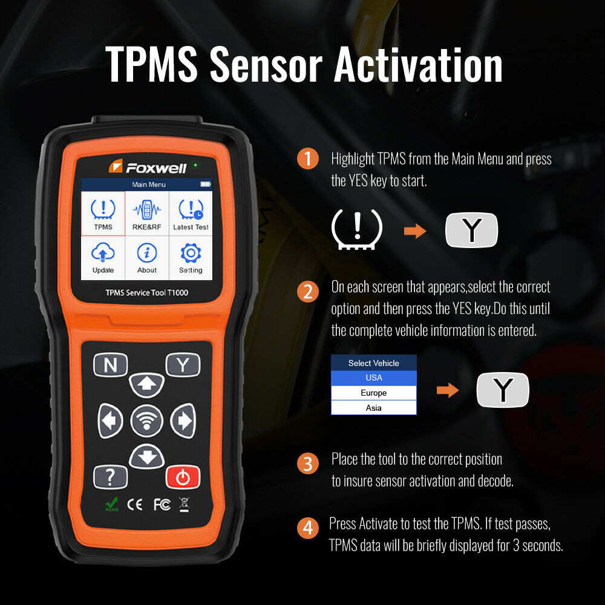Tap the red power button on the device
(x=183, y=477)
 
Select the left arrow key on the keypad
(x=110, y=420)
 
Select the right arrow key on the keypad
(x=183, y=420)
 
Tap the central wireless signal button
(x=146, y=420)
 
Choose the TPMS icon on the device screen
(x=103, y=213)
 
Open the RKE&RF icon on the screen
(x=147, y=213)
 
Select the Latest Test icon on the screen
(x=191, y=213)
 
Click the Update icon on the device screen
(x=103, y=257)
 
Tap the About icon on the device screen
(x=147, y=257)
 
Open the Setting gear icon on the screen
(x=191, y=257)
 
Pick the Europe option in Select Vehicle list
(x=374, y=393)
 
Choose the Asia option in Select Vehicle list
(x=374, y=408)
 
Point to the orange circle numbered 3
(x=308, y=464)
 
